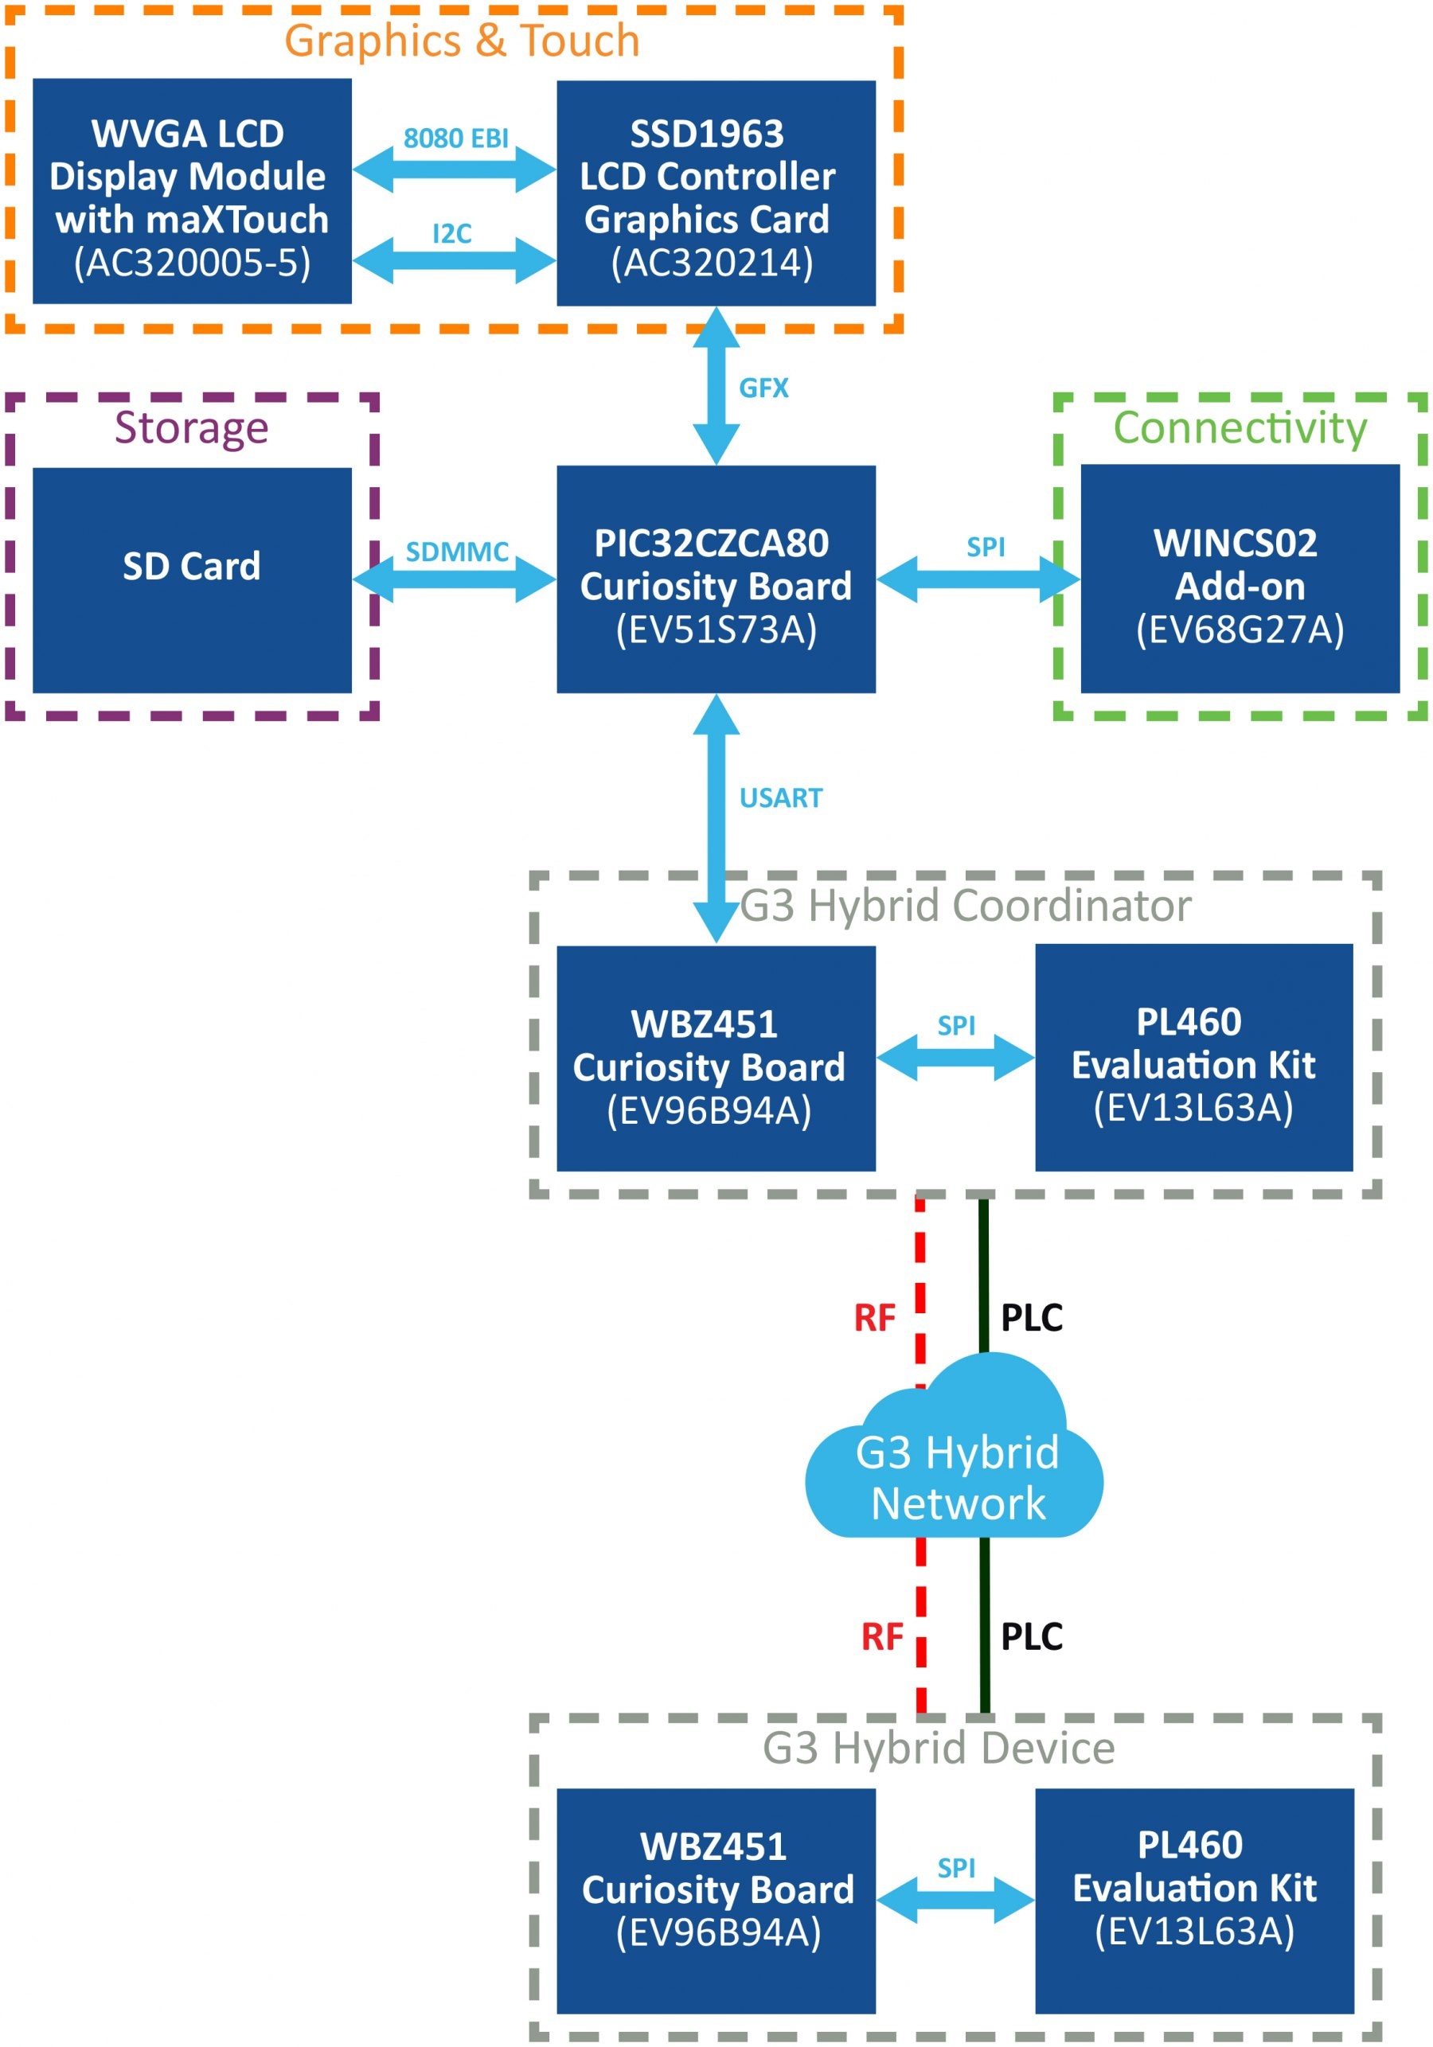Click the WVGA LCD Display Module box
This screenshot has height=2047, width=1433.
click(192, 191)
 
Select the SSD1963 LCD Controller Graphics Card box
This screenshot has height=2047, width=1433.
click(715, 193)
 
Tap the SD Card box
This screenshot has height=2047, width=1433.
click(192, 579)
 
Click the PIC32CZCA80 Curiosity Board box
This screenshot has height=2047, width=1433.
click(715, 579)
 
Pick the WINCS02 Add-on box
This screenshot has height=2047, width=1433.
click(1240, 579)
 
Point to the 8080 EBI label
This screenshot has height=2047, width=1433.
click(455, 138)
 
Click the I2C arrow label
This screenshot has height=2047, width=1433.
click(452, 233)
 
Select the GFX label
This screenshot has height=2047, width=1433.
click(763, 388)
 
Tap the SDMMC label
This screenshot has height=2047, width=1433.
click(456, 552)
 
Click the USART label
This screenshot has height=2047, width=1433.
click(780, 798)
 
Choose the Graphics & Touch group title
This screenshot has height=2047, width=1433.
click(462, 41)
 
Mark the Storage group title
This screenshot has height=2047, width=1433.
click(191, 428)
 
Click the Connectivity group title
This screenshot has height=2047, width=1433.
click(1240, 428)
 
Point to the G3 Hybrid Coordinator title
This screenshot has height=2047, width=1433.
click(965, 906)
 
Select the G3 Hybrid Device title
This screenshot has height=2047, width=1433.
click(938, 1749)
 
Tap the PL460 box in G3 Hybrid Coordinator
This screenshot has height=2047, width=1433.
click(1193, 1059)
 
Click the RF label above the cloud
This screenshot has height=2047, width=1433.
click(874, 1318)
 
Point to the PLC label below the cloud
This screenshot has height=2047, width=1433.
click(1032, 1637)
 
